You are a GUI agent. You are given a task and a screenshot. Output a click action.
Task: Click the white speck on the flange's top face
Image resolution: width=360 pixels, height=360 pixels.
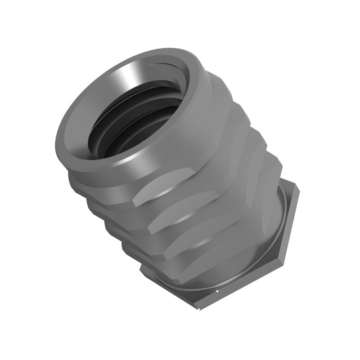(217, 291)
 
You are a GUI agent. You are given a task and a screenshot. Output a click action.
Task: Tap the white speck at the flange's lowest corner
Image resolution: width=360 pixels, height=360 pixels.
(199, 309)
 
